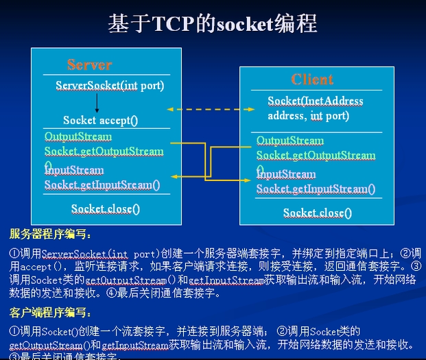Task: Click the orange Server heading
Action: click(x=89, y=65)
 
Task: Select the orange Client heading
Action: click(x=312, y=79)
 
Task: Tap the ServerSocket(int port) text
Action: click(x=110, y=86)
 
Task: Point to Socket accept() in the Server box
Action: click(x=101, y=120)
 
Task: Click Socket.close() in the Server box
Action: click(x=106, y=208)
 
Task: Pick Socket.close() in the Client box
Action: click(x=317, y=213)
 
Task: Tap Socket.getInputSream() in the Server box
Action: click(x=102, y=184)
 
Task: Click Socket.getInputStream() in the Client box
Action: click(x=316, y=189)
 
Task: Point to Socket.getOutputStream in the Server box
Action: click(x=104, y=152)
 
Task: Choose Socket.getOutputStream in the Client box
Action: click(x=316, y=156)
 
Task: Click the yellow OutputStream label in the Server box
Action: click(x=73, y=136)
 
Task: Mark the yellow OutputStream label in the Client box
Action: click(x=289, y=141)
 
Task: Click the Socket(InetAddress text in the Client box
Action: click(x=316, y=101)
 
